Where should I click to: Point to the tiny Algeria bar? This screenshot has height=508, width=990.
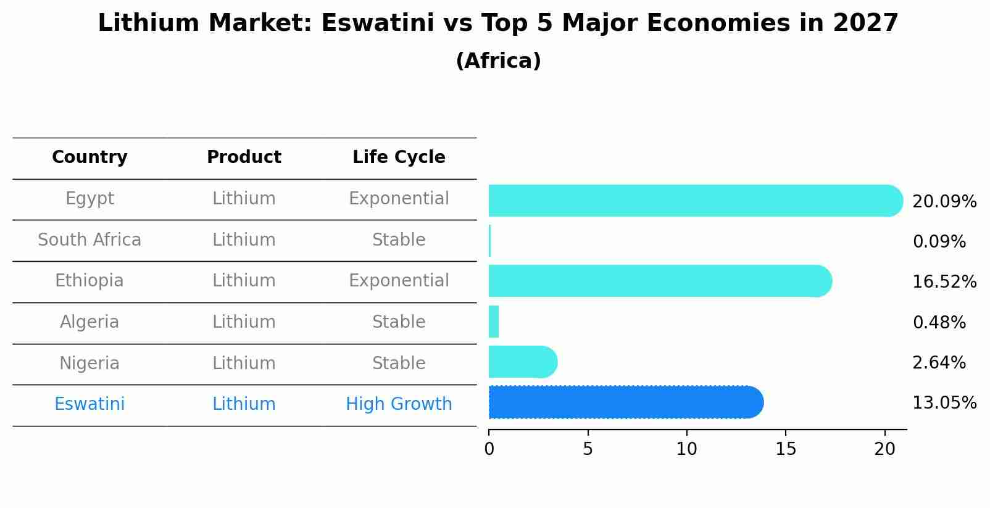coord(494,322)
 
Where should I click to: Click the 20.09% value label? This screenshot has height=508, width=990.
coord(944,202)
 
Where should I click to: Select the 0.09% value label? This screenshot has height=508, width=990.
coord(939,242)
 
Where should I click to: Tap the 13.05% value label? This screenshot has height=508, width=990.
coord(944,403)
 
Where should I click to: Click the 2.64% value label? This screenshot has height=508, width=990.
coord(939,363)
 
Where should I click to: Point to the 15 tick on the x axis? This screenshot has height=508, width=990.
coord(786,449)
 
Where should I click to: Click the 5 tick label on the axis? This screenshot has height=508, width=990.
coord(588,449)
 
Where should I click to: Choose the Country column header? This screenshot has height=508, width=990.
coord(89,157)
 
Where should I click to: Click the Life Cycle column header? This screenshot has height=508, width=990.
coord(399,157)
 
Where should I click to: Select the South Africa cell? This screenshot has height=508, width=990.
coord(89,240)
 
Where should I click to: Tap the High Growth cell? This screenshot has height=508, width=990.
coord(399,404)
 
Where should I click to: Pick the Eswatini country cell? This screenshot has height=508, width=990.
coord(89,404)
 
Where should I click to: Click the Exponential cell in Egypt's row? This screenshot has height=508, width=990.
coord(399,199)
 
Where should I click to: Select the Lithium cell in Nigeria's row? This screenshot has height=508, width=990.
coord(244,363)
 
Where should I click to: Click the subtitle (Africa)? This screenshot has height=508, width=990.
coord(498,61)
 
